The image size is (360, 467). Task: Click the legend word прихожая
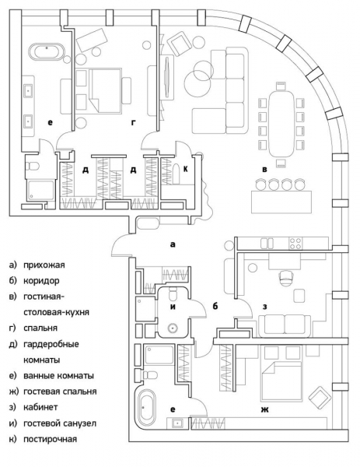pos(44,265)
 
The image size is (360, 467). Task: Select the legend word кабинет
pos(40,407)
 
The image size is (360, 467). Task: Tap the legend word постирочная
pos(51,439)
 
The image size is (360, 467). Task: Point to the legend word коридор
pos(41,281)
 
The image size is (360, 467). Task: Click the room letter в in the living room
pos(264,170)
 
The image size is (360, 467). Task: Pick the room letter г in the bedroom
pos(134,122)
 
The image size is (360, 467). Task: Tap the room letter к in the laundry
pos(186,169)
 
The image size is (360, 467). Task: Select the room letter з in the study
pos(265,307)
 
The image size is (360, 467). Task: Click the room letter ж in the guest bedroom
pos(265,410)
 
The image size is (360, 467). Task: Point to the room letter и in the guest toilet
pos(173,307)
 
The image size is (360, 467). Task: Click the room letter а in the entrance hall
pos(173,244)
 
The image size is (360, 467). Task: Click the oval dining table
pos(281,124)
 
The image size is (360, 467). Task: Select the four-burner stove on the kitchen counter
pos(295,244)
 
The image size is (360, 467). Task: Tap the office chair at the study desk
pos(286,278)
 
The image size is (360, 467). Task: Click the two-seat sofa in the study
pos(285,326)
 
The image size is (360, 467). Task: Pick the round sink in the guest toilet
pos(173,328)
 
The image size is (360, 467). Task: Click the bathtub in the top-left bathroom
pos(47,52)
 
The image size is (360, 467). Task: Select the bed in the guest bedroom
pos(281,381)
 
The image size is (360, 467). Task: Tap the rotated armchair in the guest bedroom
pos(320,399)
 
